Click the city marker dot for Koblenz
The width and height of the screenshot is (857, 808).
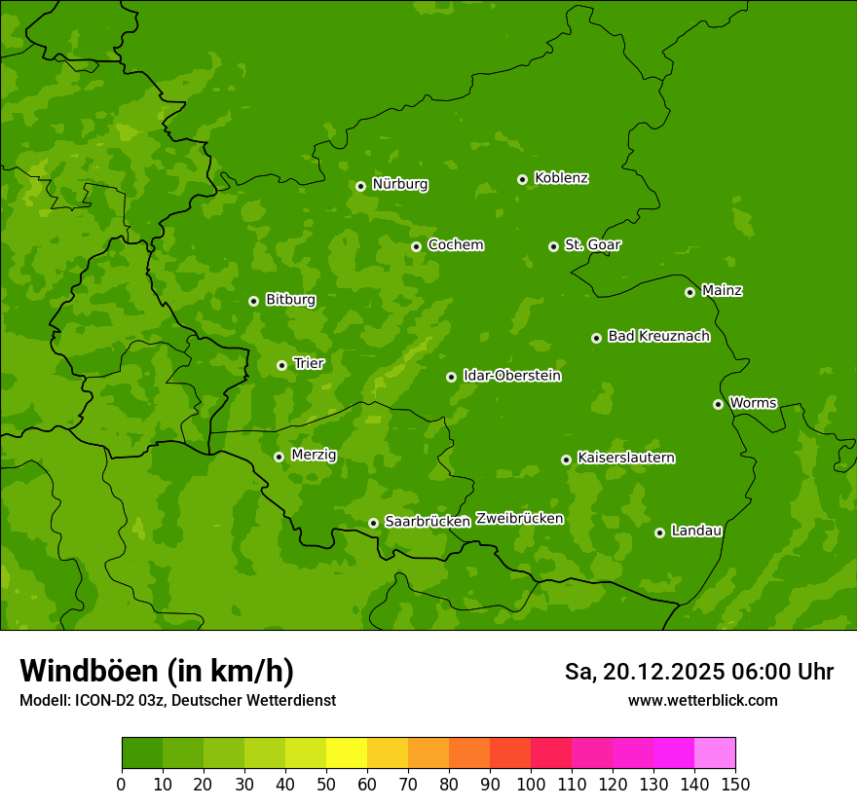[522, 179]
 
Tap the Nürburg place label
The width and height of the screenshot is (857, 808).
[399, 184]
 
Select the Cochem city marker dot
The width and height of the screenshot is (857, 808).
[416, 246]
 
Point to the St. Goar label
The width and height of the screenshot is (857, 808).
[592, 245]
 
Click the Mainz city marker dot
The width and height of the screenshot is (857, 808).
[689, 292]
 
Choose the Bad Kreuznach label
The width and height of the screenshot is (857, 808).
[658, 337]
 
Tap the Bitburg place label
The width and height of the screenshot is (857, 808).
[290, 300]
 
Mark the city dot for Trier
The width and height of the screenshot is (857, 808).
[281, 365]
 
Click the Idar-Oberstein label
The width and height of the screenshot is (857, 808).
[511, 376]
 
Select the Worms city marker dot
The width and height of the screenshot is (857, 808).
[718, 404]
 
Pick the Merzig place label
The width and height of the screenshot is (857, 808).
[314, 455]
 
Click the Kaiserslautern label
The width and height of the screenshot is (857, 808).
[625, 459]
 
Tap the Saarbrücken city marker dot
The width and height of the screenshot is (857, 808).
[373, 523]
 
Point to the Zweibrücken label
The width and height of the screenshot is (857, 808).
[519, 519]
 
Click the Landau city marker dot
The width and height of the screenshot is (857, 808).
[659, 533]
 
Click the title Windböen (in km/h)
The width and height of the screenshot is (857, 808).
[157, 671]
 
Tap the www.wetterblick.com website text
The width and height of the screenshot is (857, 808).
[702, 701]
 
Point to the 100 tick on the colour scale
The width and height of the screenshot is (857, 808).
[531, 784]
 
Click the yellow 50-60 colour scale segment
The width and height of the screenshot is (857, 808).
[347, 753]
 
